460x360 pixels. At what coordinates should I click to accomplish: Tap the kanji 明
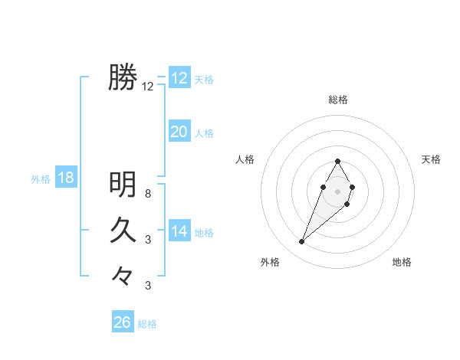click(x=123, y=184)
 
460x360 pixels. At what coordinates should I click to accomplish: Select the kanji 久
click(x=123, y=230)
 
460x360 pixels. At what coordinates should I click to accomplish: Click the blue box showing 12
click(x=179, y=78)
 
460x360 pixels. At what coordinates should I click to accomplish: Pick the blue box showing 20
click(x=179, y=132)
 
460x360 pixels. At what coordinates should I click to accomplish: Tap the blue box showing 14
click(x=179, y=231)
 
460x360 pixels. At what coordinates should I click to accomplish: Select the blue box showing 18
click(x=66, y=178)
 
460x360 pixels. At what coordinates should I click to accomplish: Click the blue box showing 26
click(x=123, y=322)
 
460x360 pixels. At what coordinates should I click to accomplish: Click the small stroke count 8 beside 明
click(x=148, y=194)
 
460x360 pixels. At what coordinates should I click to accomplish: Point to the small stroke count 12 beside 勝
click(x=148, y=87)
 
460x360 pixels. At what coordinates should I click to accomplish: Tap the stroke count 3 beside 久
click(x=148, y=240)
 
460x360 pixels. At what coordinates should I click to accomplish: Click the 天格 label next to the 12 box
click(x=204, y=80)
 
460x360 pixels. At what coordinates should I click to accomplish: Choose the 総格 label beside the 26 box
click(x=147, y=324)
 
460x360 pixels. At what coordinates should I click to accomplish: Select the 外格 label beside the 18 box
click(x=41, y=179)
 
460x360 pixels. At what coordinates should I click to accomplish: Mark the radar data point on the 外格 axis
click(x=301, y=242)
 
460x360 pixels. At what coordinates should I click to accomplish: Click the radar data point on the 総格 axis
click(x=338, y=161)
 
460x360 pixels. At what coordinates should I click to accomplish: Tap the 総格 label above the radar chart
click(x=338, y=100)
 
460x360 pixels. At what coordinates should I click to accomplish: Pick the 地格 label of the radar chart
click(x=402, y=263)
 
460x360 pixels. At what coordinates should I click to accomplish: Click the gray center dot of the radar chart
click(x=338, y=190)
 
